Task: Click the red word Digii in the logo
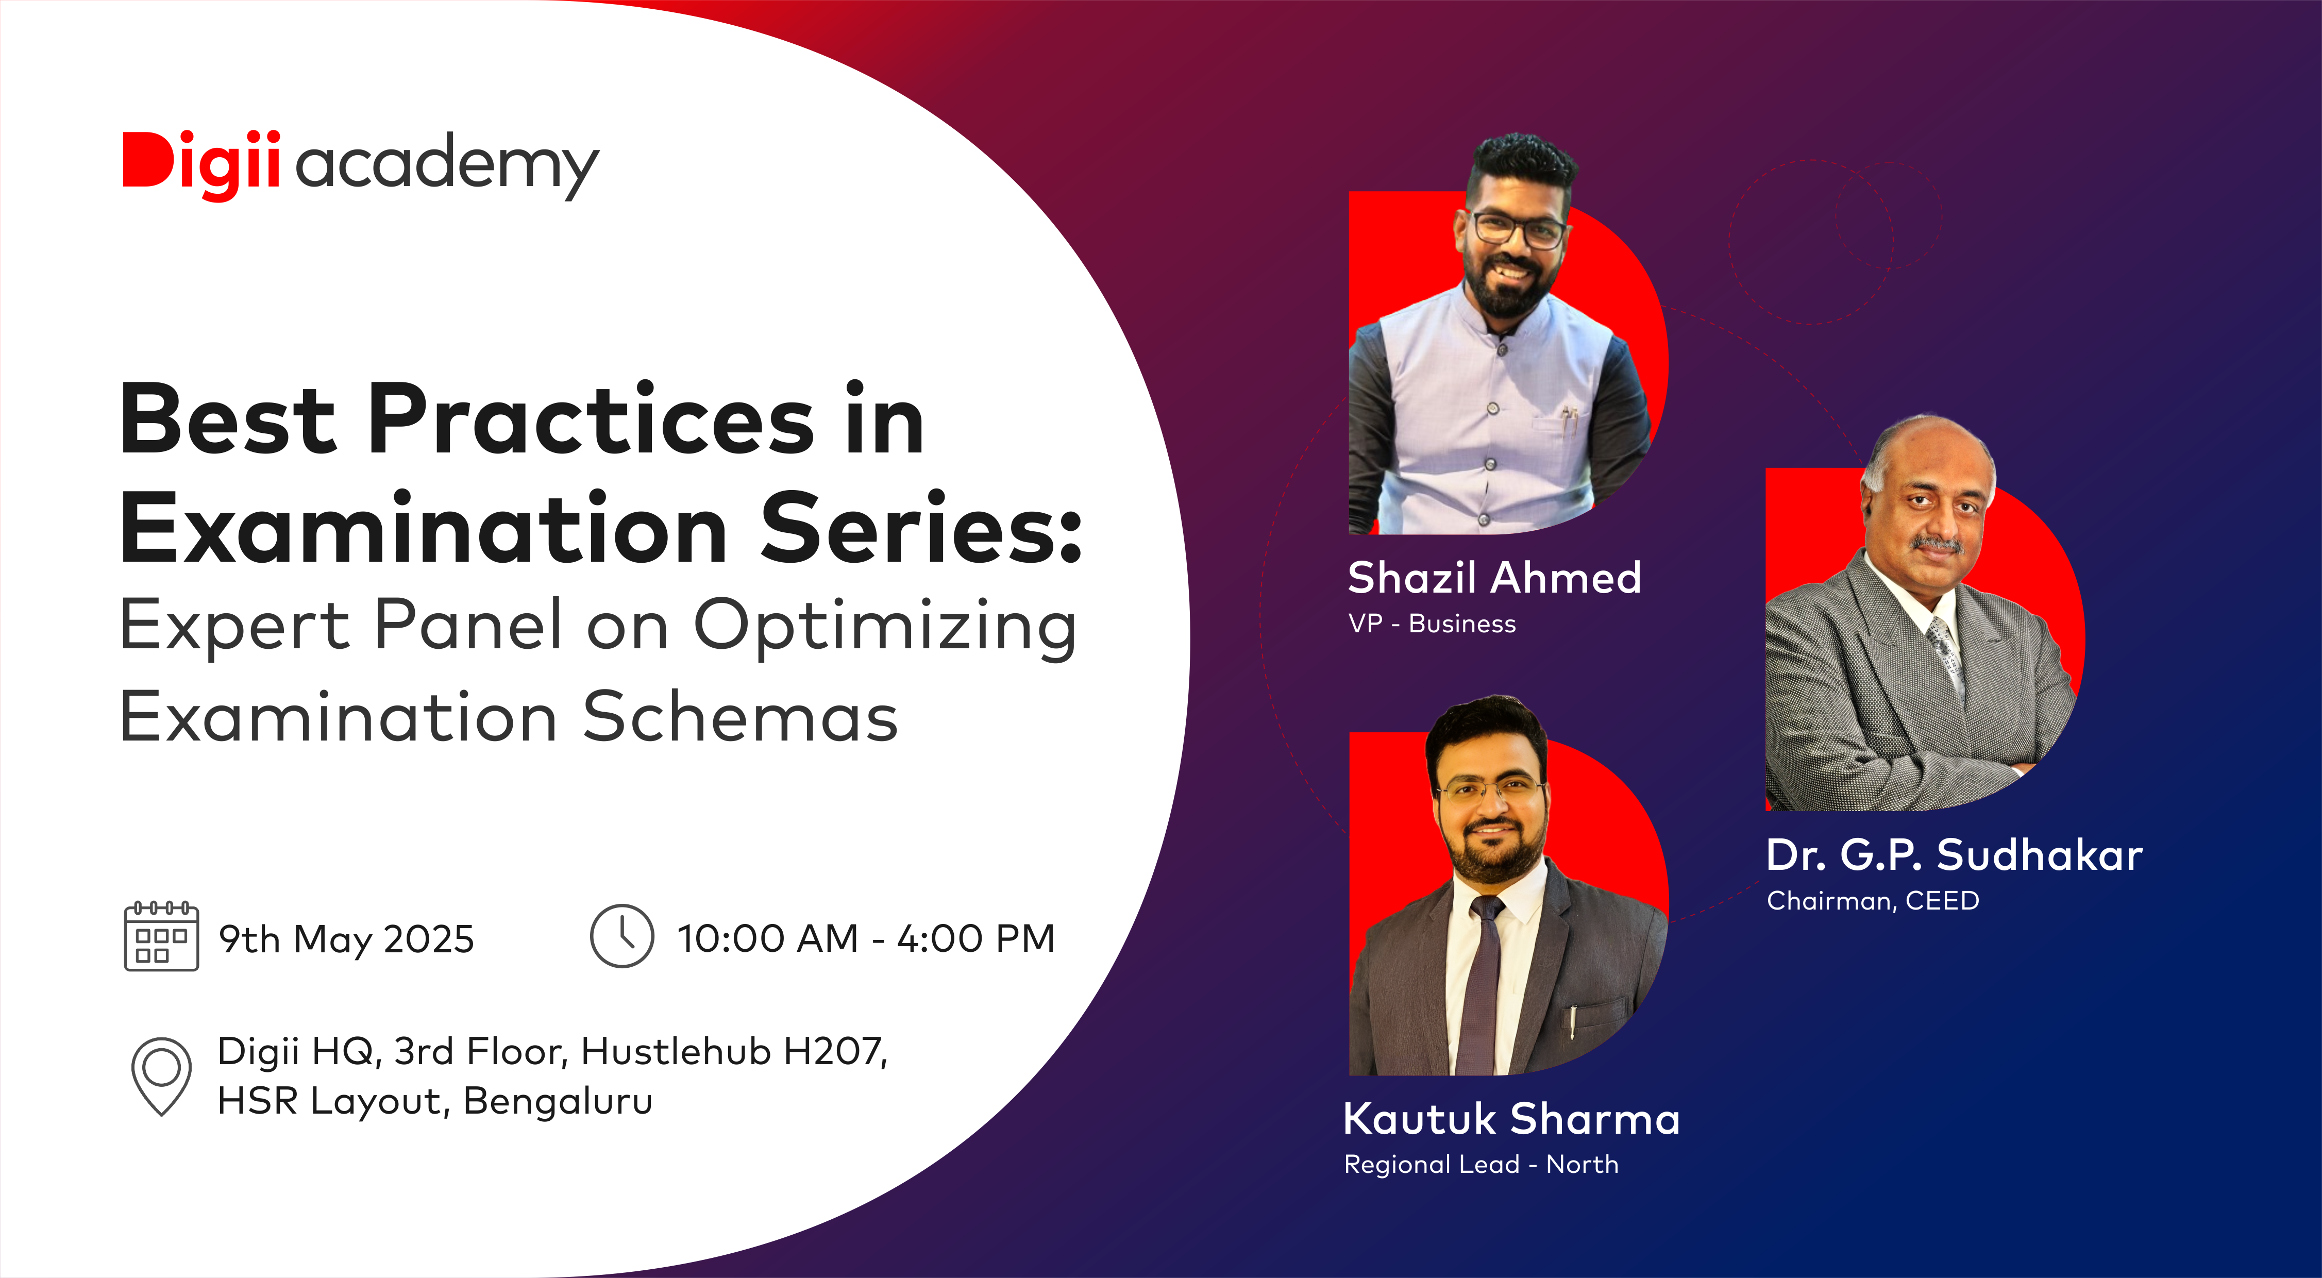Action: coord(201,165)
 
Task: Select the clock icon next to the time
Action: coord(622,936)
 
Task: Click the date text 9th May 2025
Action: coord(346,939)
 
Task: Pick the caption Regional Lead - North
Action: coord(1481,1165)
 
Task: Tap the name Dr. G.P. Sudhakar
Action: coord(1954,854)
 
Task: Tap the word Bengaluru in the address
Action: coord(558,1101)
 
